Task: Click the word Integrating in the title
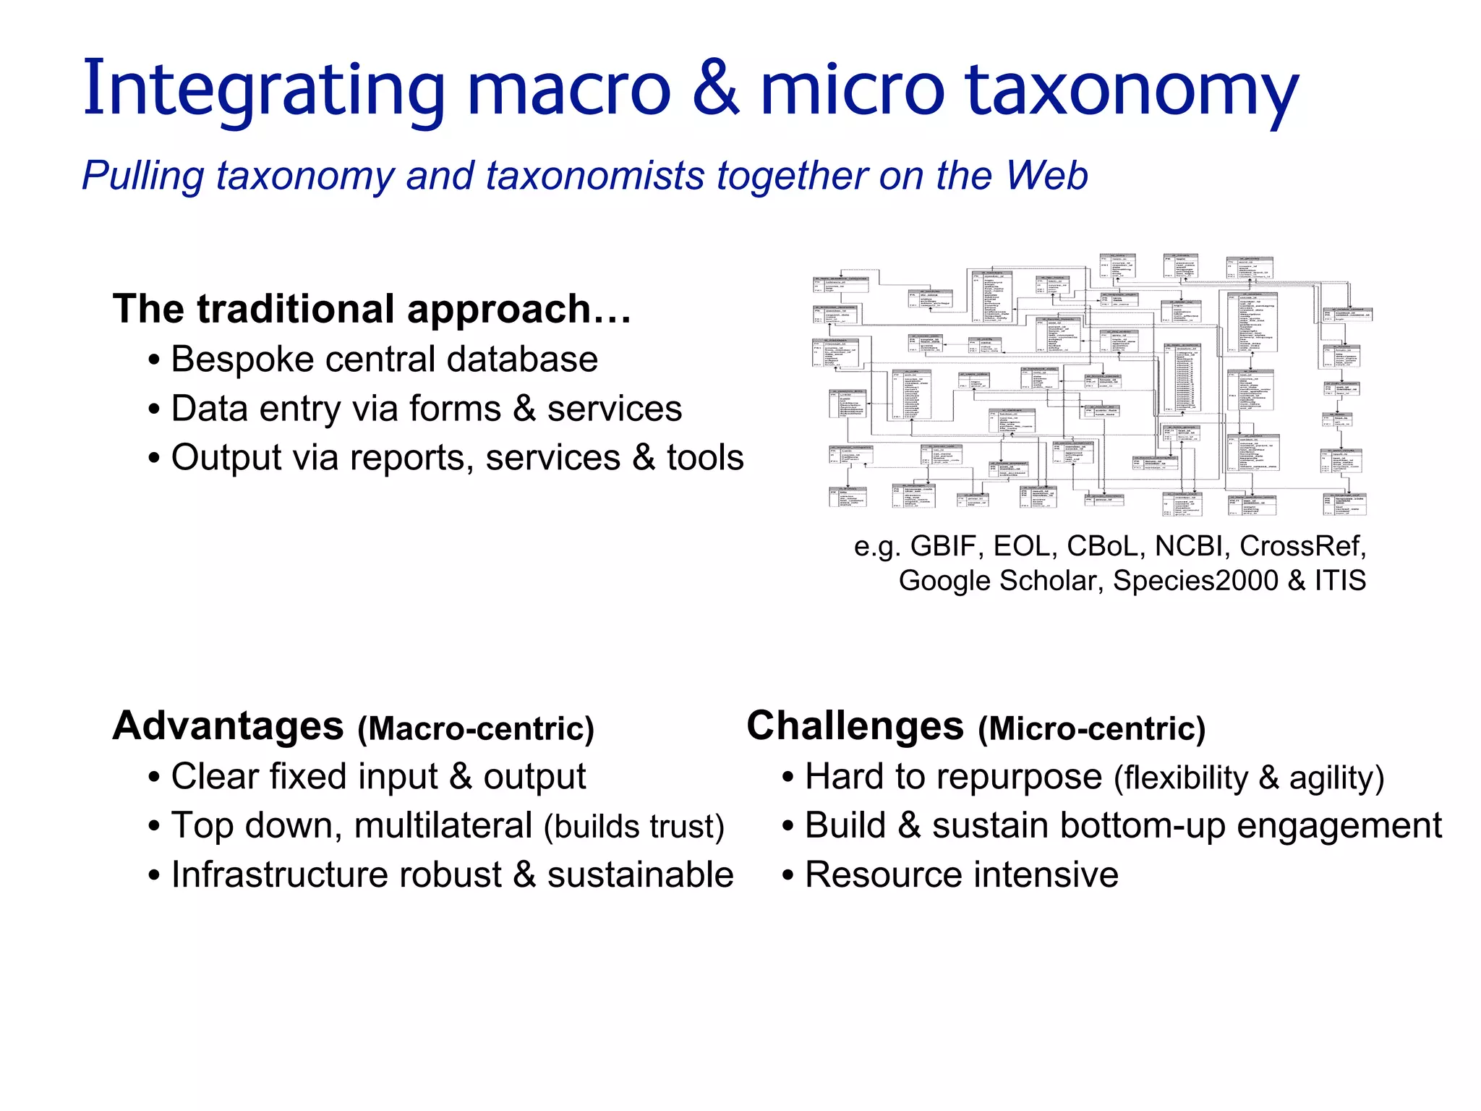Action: (263, 90)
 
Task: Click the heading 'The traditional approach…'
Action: (372, 309)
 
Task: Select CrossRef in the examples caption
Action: (1302, 546)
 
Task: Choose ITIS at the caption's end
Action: (1340, 581)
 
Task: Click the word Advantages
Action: (229, 726)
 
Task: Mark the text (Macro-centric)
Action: (476, 729)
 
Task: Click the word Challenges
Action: (855, 726)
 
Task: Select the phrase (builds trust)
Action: (634, 827)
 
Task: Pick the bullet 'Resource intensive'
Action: (961, 875)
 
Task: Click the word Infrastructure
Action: (336, 875)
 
